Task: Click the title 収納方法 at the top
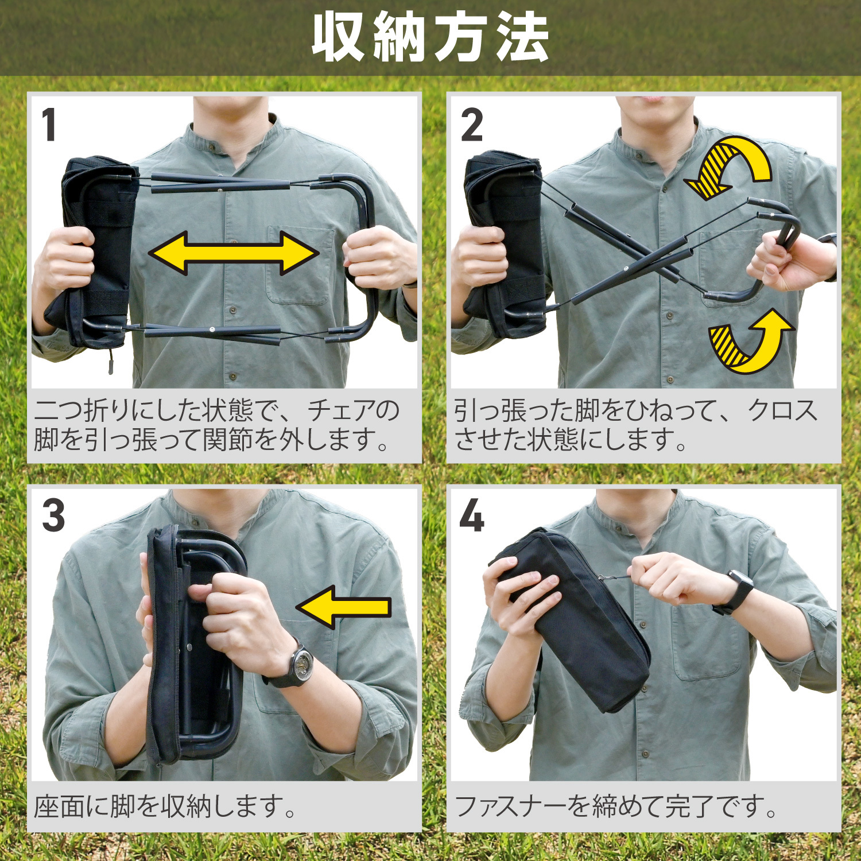click(x=430, y=37)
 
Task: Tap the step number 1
click(x=49, y=125)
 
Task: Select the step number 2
click(x=472, y=125)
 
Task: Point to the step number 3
click(x=53, y=515)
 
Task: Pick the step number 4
click(x=472, y=515)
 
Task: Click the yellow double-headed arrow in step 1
click(x=234, y=253)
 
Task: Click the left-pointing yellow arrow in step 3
click(x=343, y=607)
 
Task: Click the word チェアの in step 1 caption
click(x=354, y=411)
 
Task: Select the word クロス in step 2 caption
click(x=783, y=411)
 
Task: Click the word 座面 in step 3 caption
click(x=59, y=806)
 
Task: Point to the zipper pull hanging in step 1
click(x=111, y=360)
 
